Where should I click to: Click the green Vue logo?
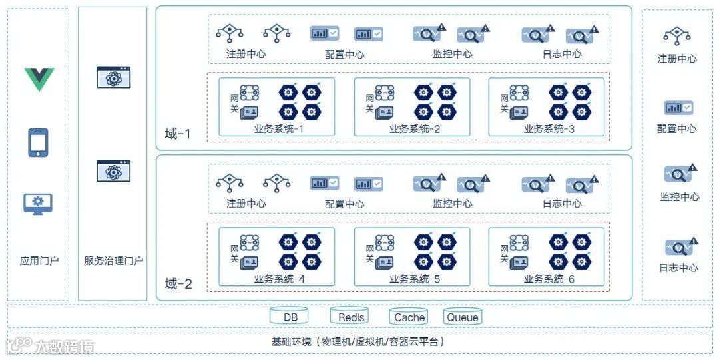point(39,79)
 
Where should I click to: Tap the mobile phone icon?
point(38,142)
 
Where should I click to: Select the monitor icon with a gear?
point(38,204)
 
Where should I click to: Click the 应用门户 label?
point(39,260)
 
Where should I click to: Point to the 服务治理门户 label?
point(113,260)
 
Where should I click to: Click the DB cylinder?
point(290,317)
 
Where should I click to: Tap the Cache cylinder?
point(409,317)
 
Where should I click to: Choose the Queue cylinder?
point(462,317)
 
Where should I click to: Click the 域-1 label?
point(178,134)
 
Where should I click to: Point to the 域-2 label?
point(178,284)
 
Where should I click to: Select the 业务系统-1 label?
point(279,129)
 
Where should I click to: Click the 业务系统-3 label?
point(549,129)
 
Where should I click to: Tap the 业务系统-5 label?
point(414,279)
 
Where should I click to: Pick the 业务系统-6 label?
point(549,279)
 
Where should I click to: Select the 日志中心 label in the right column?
point(678,268)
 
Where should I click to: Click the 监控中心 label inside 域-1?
point(452,54)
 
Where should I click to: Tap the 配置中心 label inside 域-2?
point(344,204)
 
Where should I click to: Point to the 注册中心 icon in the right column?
point(677,35)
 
